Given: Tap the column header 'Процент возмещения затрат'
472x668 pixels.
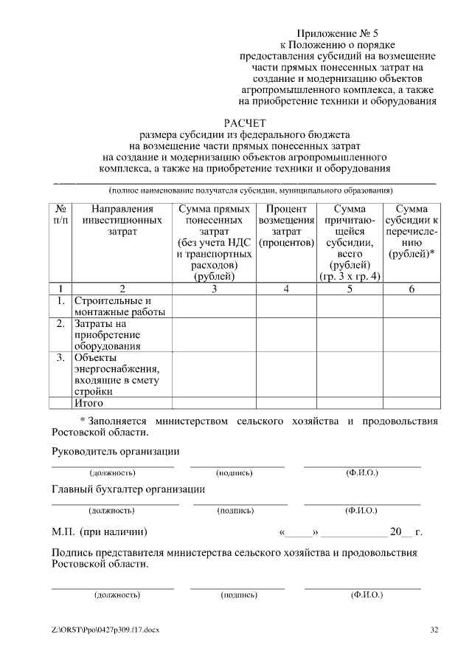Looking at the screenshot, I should [x=286, y=226].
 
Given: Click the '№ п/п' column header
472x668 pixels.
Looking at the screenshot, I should [x=62, y=215].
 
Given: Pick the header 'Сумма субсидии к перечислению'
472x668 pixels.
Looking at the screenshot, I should [x=412, y=231].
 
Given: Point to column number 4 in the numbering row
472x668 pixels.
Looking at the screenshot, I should [x=286, y=289].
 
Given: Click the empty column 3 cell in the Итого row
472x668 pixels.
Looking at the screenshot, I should [x=214, y=403].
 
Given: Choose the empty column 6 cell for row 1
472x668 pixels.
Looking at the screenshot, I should [x=412, y=306].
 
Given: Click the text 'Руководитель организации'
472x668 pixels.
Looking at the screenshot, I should [x=115, y=451].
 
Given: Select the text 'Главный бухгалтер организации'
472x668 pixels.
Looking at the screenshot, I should [x=128, y=489].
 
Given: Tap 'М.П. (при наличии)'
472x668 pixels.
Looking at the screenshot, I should [x=99, y=531].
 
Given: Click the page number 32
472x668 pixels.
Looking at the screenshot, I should [x=434, y=630].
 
